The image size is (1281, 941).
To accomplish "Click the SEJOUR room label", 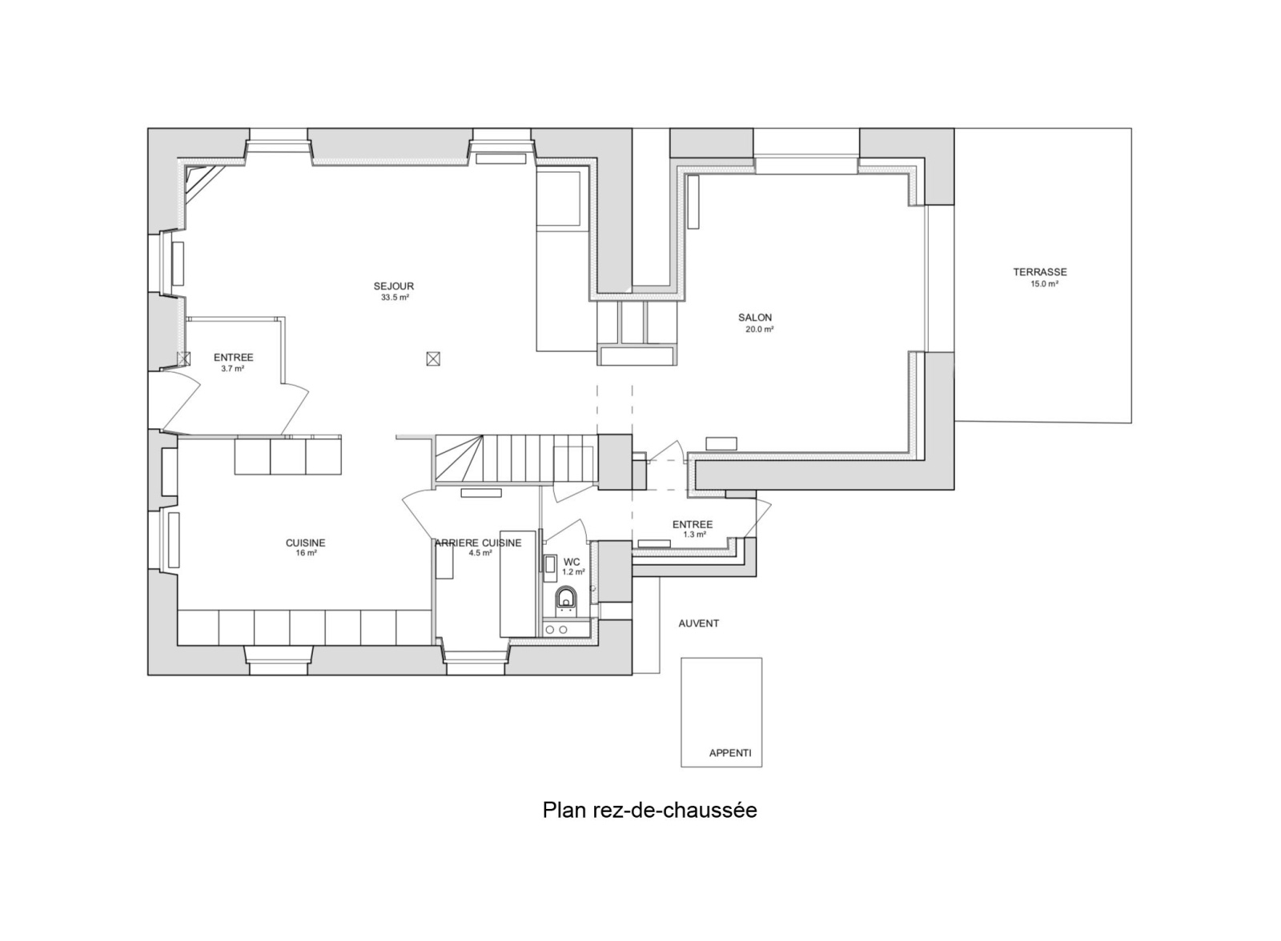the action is coord(393,286).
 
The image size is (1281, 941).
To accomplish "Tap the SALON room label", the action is coord(755,318).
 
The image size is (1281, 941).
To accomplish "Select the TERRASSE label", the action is coord(1040,273).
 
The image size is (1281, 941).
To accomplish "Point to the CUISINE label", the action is coord(305,543).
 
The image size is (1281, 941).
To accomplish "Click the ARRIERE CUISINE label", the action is coord(478,543).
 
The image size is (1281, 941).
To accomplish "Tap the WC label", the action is coord(572,563).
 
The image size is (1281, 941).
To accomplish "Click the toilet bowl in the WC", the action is coord(566,599).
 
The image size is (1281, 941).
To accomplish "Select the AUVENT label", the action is coord(699,623).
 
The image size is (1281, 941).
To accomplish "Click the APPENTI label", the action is coord(730,754).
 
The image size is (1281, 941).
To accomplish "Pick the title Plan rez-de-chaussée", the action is coord(649,811).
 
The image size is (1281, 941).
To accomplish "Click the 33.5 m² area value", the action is coord(395,298).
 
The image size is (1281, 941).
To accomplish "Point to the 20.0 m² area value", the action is coord(760,330).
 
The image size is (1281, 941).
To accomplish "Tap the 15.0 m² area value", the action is coord(1044,284).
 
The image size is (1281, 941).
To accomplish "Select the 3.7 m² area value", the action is coord(233,370).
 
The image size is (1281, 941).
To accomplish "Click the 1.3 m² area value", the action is coord(694,535).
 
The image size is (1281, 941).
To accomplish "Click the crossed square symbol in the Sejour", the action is coord(433,359).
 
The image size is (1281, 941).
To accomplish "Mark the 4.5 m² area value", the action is coord(480,554).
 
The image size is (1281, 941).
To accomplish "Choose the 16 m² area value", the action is coord(307,554).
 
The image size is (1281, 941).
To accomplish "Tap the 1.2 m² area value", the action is coord(573,571).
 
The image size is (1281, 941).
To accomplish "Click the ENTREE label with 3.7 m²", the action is coord(233,358).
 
